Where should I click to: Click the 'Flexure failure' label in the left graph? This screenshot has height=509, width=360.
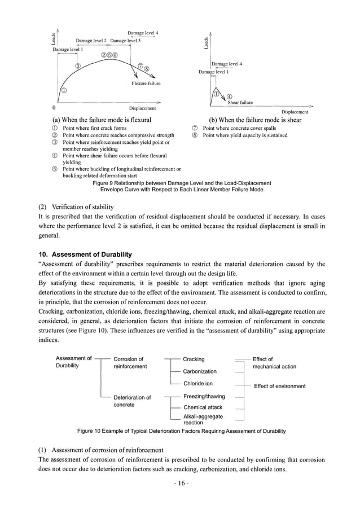pos(146,84)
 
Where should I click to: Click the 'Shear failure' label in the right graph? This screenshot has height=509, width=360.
pos(240,103)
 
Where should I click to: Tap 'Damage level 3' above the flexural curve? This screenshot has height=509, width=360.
pos(125,41)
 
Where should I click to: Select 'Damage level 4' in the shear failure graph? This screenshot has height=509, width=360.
pos(227,64)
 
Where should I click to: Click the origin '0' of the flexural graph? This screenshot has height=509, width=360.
pos(54,107)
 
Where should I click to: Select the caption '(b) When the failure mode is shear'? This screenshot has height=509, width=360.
pos(255,120)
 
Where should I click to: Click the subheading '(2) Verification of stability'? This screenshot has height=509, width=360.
pos(76,207)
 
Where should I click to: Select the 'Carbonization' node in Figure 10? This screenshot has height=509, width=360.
pos(200,371)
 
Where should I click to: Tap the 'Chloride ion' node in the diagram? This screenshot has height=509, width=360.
pos(197,384)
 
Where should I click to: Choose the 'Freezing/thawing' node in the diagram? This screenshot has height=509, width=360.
pos(203,397)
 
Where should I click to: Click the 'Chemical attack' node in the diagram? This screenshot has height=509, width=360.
pos(203,407)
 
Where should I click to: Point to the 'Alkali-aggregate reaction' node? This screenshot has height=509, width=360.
pos(203,419)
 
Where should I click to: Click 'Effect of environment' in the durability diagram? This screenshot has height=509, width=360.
pos(279,386)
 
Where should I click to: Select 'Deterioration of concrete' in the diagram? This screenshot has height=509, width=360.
pos(132,401)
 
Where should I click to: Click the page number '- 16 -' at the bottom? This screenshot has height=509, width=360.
pos(180,484)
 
